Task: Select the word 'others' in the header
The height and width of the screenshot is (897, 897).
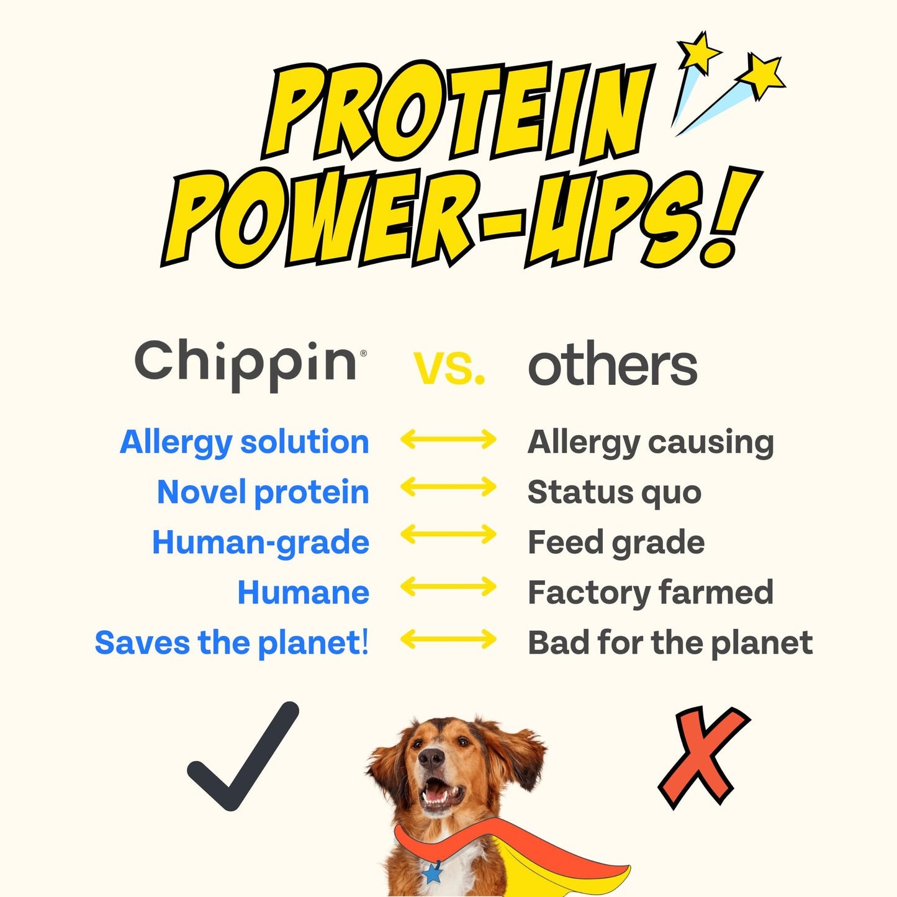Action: click(x=612, y=365)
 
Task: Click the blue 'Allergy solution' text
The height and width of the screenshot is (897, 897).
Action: click(x=245, y=443)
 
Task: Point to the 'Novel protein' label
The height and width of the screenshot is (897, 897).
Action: click(x=263, y=492)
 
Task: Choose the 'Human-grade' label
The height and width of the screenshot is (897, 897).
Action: click(x=261, y=543)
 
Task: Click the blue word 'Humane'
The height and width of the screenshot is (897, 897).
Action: click(x=304, y=592)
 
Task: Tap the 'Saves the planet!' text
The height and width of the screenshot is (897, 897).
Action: click(x=232, y=642)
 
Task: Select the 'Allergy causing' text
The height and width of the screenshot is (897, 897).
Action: click(x=651, y=443)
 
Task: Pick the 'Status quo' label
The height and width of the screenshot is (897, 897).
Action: click(x=615, y=492)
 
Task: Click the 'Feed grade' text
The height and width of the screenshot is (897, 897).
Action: click(x=616, y=543)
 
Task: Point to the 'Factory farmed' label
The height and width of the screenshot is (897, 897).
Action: click(x=651, y=592)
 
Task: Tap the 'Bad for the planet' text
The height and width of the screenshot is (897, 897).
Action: click(x=670, y=642)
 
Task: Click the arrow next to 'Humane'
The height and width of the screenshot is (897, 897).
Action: click(x=448, y=587)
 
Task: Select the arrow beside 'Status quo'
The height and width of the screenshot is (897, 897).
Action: click(x=448, y=487)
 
